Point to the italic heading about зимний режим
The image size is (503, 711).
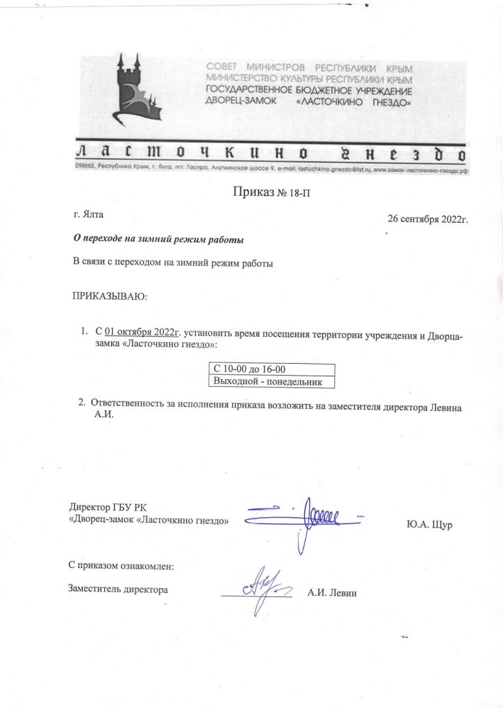click(x=159, y=240)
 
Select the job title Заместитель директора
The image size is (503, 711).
click(x=118, y=589)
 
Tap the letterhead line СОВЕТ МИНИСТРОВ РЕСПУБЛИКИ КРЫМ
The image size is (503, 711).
click(x=309, y=69)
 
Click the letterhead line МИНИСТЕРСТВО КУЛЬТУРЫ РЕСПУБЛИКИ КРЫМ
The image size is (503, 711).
click(x=309, y=80)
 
